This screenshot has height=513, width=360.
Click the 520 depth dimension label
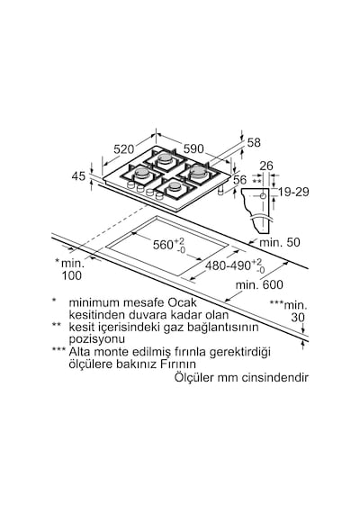[123, 149]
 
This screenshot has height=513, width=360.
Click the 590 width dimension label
[193, 148]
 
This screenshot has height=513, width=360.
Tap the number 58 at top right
[254, 142]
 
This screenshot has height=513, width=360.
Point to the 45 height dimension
[78, 176]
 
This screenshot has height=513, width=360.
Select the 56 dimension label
[240, 179]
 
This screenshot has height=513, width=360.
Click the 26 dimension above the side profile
[266, 166]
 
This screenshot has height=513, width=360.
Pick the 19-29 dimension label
[293, 192]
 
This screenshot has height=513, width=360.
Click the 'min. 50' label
[280, 242]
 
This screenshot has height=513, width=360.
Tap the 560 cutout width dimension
[168, 245]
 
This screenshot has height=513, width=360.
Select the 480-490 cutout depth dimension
[235, 265]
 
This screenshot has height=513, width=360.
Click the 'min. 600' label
[259, 284]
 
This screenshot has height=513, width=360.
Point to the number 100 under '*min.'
[72, 275]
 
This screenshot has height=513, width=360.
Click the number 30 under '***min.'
[298, 318]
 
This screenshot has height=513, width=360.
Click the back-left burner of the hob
[165, 158]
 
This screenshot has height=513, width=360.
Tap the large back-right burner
[198, 171]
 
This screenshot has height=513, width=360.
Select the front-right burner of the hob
[175, 186]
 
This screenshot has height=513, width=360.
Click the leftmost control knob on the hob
[130, 185]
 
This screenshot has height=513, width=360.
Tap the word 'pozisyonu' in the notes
[96, 339]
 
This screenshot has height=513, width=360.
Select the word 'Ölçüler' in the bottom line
[194, 377]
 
